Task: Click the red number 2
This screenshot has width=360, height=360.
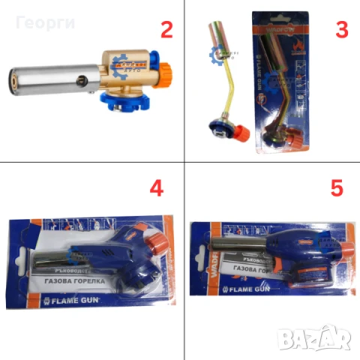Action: pyautogui.click(x=167, y=30)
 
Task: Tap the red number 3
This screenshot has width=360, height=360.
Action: pyautogui.click(x=342, y=30)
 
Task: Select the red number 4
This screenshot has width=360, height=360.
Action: pyautogui.click(x=156, y=188)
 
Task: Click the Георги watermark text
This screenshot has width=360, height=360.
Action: pyautogui.click(x=44, y=22)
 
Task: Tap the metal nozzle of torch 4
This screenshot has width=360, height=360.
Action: pyautogui.click(x=46, y=260)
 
